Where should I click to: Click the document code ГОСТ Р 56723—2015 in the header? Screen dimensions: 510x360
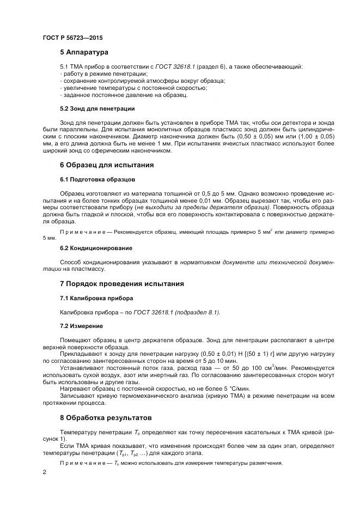tap(72, 38)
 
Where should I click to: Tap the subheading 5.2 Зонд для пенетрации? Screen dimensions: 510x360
tap(89, 108)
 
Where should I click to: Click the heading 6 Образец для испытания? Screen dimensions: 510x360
tap(107, 165)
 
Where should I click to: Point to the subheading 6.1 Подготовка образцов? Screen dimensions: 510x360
tap(93, 179)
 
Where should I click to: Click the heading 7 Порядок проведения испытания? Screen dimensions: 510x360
tap(122, 284)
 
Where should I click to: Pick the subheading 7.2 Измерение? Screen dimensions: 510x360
tap(81, 326)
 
